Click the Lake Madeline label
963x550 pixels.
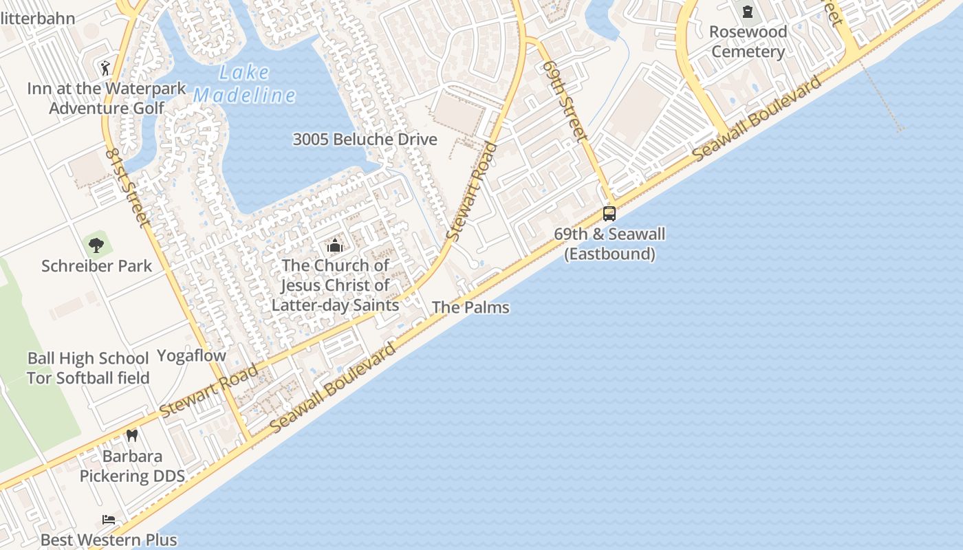pyautogui.click(x=244, y=83)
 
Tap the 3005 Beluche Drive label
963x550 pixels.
pyautogui.click(x=365, y=140)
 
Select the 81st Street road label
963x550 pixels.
pyautogui.click(x=128, y=186)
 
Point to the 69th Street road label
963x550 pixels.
pyautogui.click(x=565, y=100)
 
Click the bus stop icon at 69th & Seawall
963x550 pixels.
pyautogui.click(x=609, y=213)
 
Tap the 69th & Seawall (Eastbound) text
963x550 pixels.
pyautogui.click(x=609, y=243)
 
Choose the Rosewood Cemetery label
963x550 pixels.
pyautogui.click(x=748, y=42)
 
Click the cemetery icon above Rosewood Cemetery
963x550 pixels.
pyautogui.click(x=747, y=12)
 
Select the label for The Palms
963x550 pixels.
pyautogui.click(x=470, y=307)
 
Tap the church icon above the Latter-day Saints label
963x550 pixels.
pyautogui.click(x=335, y=245)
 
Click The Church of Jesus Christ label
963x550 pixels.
pyautogui.click(x=335, y=285)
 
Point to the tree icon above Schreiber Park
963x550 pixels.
pyautogui.click(x=96, y=244)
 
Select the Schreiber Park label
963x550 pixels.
pyautogui.click(x=96, y=266)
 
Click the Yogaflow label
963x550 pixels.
pyautogui.click(x=191, y=355)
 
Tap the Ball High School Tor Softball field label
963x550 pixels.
pyautogui.click(x=88, y=368)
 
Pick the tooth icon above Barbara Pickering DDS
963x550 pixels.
pyautogui.click(x=132, y=435)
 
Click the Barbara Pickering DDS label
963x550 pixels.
pyautogui.click(x=132, y=466)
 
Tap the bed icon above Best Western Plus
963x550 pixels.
pyautogui.click(x=109, y=519)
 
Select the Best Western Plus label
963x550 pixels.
pyautogui.click(x=109, y=540)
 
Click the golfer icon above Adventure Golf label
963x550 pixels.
pyautogui.click(x=105, y=67)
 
